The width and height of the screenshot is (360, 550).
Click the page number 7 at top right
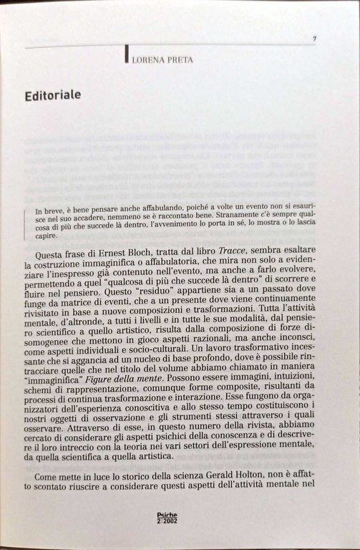(x=314, y=39)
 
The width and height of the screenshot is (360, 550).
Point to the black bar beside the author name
(x=127, y=55)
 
